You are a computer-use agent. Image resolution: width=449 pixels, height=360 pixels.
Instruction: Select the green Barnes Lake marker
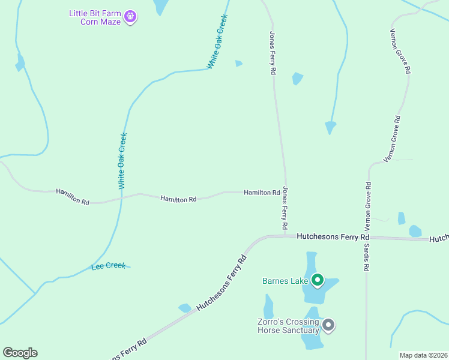click(x=318, y=280)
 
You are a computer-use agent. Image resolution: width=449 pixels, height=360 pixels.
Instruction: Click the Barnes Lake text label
click(x=285, y=281)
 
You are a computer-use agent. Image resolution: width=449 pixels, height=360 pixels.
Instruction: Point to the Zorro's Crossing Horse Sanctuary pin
click(x=328, y=326)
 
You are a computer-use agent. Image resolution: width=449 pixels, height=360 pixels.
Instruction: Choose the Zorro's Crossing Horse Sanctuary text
click(x=288, y=326)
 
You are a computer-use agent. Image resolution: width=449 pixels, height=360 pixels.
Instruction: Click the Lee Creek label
click(x=109, y=265)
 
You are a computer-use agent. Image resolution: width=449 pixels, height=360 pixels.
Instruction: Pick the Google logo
click(x=20, y=353)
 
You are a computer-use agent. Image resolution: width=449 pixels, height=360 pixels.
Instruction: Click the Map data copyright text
click(x=424, y=355)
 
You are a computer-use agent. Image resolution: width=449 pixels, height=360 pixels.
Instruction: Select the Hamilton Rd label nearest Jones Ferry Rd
click(x=262, y=193)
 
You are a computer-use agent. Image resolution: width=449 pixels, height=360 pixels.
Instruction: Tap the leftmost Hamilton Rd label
click(x=73, y=197)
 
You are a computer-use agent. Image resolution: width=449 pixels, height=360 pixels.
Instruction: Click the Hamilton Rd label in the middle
click(x=178, y=199)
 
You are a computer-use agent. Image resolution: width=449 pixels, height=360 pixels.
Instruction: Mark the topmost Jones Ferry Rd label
click(x=273, y=53)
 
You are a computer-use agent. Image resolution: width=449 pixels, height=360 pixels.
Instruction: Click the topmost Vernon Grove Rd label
click(x=400, y=51)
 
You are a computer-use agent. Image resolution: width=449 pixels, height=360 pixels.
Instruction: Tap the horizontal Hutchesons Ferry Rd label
click(x=332, y=237)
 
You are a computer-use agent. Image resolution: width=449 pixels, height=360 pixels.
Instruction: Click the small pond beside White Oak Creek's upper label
click(x=239, y=63)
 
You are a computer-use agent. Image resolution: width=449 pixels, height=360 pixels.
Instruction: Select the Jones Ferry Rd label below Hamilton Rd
click(x=285, y=209)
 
